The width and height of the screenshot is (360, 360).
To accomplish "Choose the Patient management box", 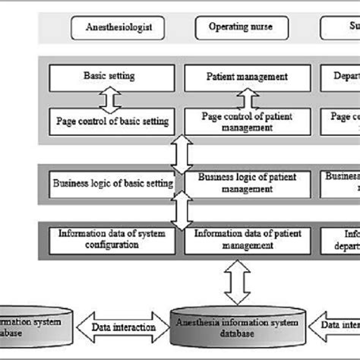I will click(x=245, y=77).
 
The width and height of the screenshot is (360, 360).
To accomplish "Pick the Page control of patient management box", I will click(x=245, y=122).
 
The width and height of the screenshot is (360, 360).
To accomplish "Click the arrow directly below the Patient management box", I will click(x=245, y=99).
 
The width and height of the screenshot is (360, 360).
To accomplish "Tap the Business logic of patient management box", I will click(x=245, y=183).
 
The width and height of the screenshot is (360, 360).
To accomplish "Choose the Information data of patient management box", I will click(x=245, y=238).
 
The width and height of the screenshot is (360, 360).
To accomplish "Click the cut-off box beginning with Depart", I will click(x=346, y=77).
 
